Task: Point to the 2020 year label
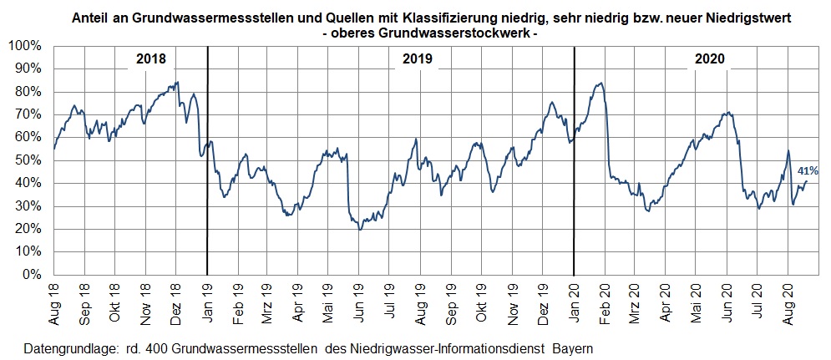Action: tap(710, 58)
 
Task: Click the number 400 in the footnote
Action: tap(157, 349)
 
